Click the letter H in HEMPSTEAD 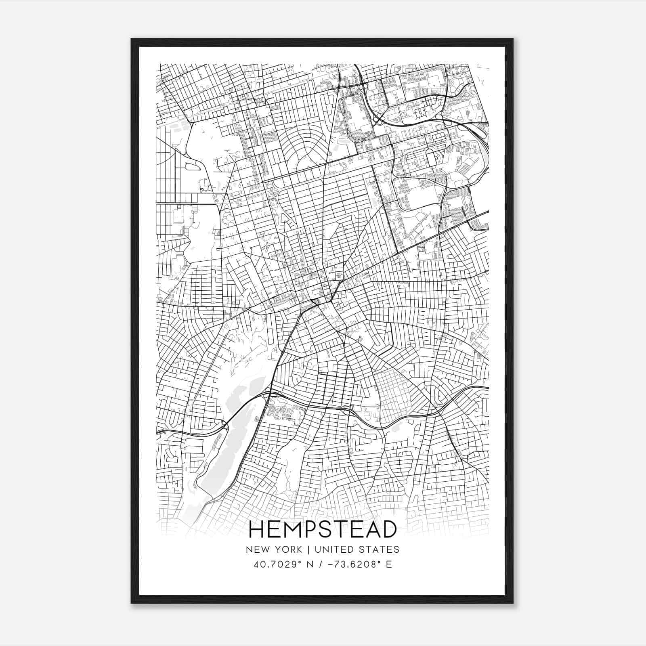[x=257, y=529]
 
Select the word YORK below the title [x=287, y=549]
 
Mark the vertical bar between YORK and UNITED [x=308, y=549]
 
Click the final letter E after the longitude [x=389, y=564]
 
